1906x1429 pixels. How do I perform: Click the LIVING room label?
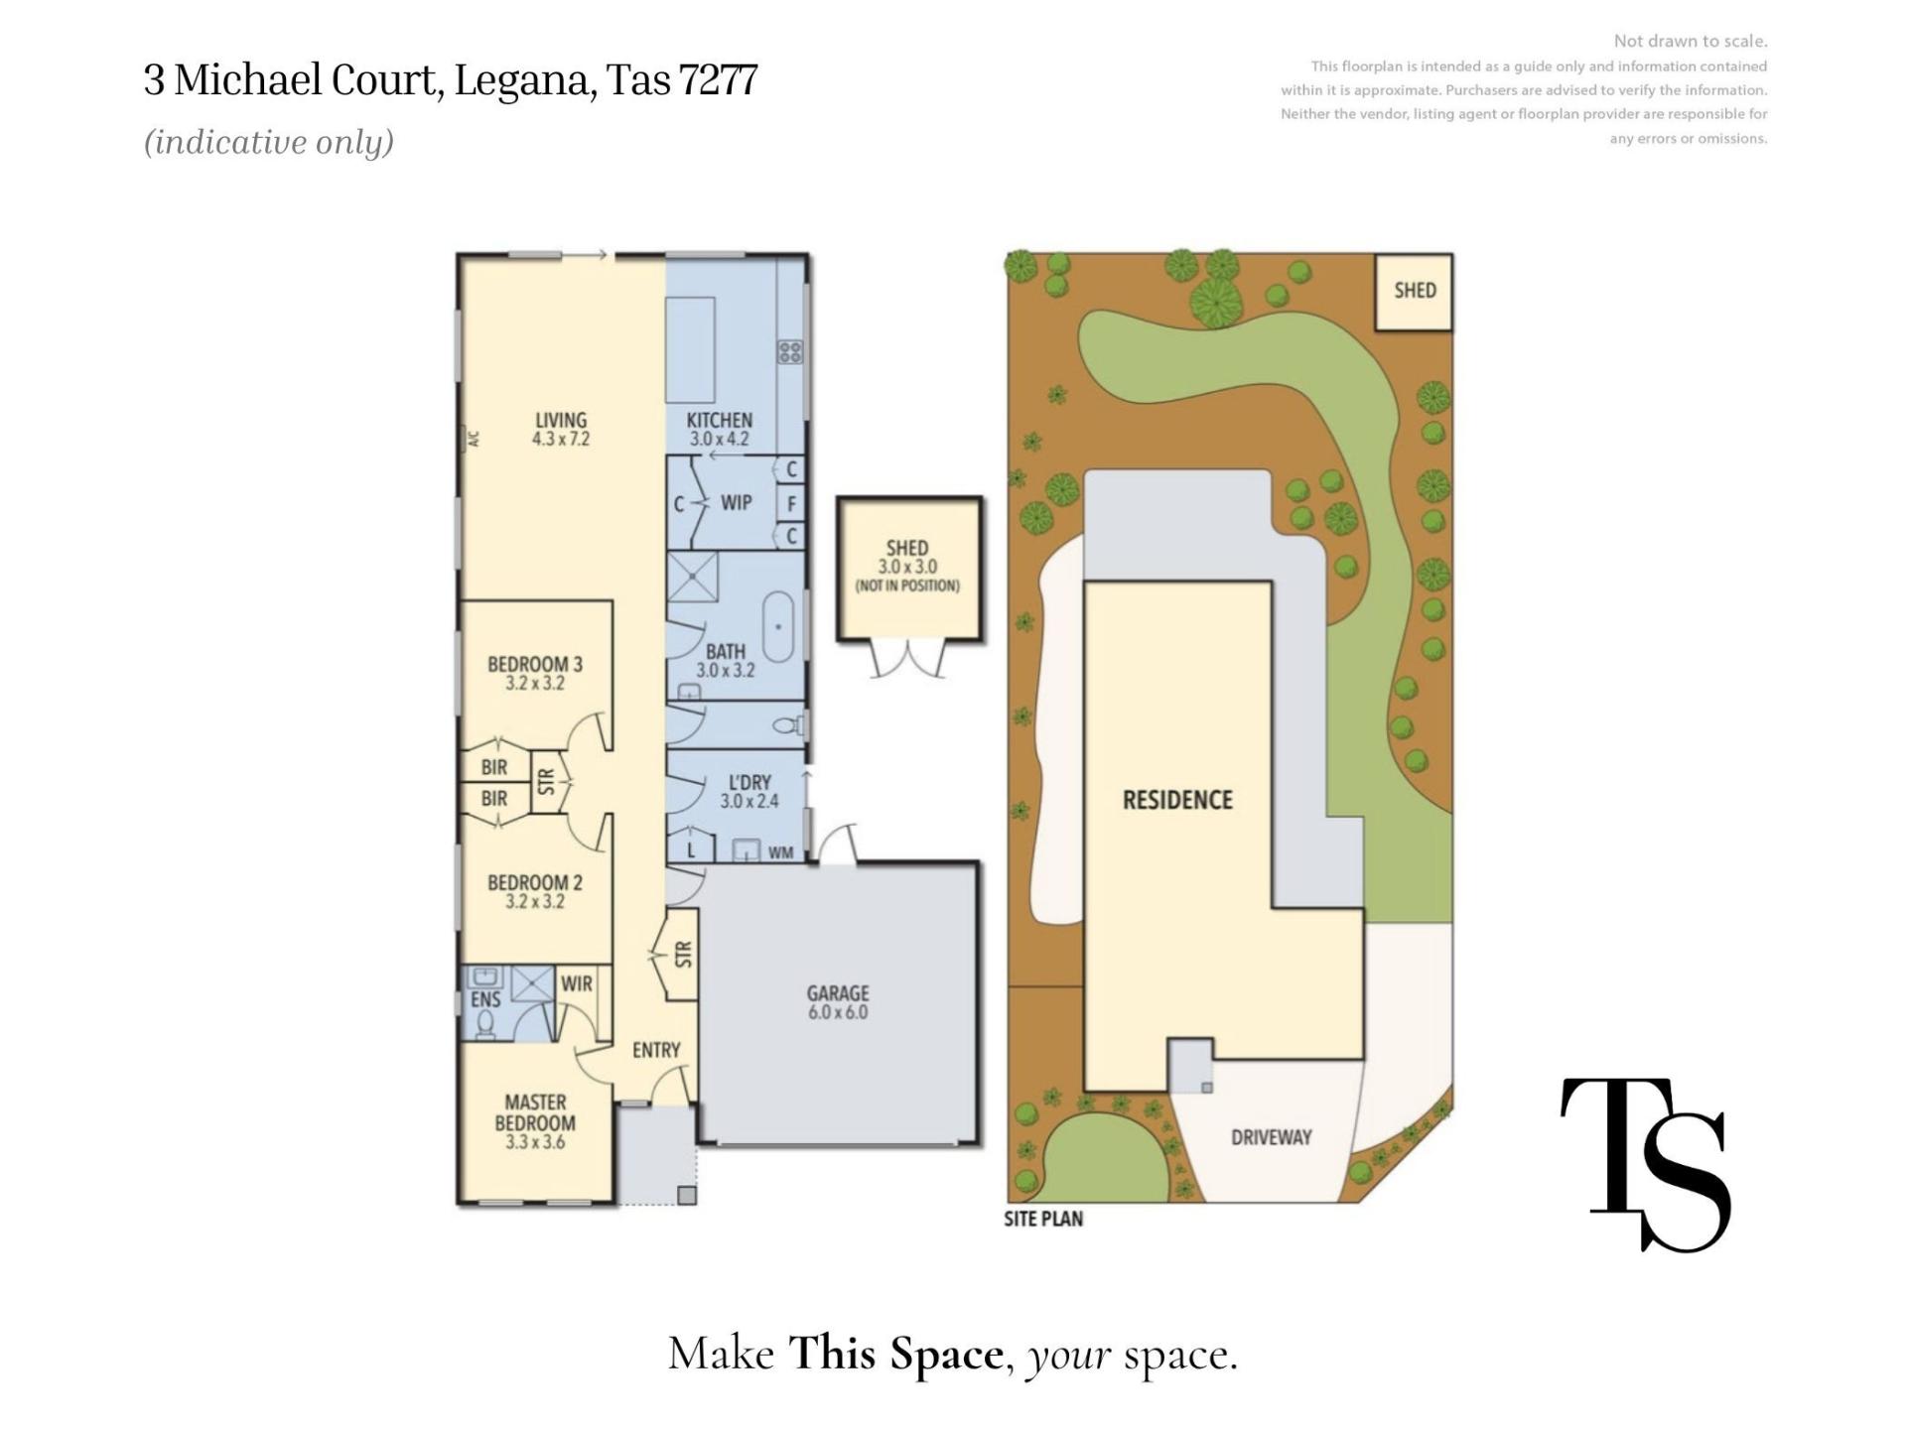(x=561, y=420)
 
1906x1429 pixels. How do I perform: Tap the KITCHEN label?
(x=720, y=420)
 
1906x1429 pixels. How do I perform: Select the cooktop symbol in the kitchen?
(x=790, y=351)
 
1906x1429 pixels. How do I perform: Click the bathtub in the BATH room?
(x=778, y=627)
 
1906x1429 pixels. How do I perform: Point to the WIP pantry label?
(x=736, y=502)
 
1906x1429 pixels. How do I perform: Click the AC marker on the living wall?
(x=474, y=438)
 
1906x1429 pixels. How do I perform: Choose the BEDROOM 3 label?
(x=535, y=664)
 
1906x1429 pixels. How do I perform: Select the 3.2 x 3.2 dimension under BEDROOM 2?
(x=535, y=901)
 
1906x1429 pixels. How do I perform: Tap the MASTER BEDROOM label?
(x=535, y=1112)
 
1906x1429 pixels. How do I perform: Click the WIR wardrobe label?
(x=576, y=983)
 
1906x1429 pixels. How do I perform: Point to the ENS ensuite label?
(x=485, y=999)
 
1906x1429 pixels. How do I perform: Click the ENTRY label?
(x=656, y=1050)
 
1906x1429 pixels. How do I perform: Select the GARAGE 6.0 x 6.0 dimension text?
(x=838, y=1012)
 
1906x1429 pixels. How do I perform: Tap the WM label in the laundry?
(x=781, y=852)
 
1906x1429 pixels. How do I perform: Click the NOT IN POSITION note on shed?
(x=907, y=585)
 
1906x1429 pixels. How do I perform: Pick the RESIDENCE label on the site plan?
(x=1177, y=800)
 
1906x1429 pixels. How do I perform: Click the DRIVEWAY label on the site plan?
(x=1272, y=1137)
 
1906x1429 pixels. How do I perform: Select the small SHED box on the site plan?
(x=1414, y=292)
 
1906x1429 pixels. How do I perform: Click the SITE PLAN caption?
(x=1043, y=1218)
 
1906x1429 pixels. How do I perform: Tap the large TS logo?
(x=1645, y=1164)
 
